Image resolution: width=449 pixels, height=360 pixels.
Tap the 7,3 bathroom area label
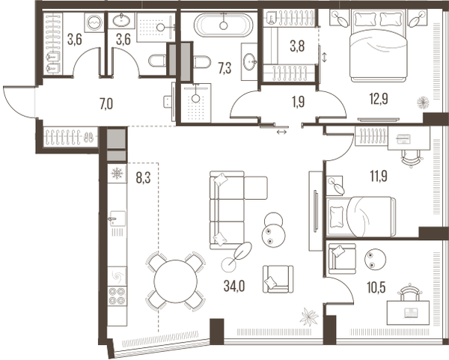pyautogui.click(x=224, y=69)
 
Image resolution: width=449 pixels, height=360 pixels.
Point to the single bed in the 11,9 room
pyautogui.click(x=362, y=216)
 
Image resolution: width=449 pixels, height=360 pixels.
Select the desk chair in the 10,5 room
pyautogui.click(x=408, y=292)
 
